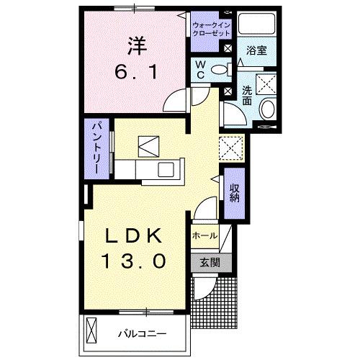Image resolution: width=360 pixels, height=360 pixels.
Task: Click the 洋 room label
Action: click(138, 44)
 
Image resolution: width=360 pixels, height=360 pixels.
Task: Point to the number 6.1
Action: click(138, 72)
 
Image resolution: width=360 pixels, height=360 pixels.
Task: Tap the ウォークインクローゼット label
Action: click(210, 30)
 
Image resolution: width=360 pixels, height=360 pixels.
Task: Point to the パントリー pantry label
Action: click(95, 148)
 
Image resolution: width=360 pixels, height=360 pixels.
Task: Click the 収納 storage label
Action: click(235, 192)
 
